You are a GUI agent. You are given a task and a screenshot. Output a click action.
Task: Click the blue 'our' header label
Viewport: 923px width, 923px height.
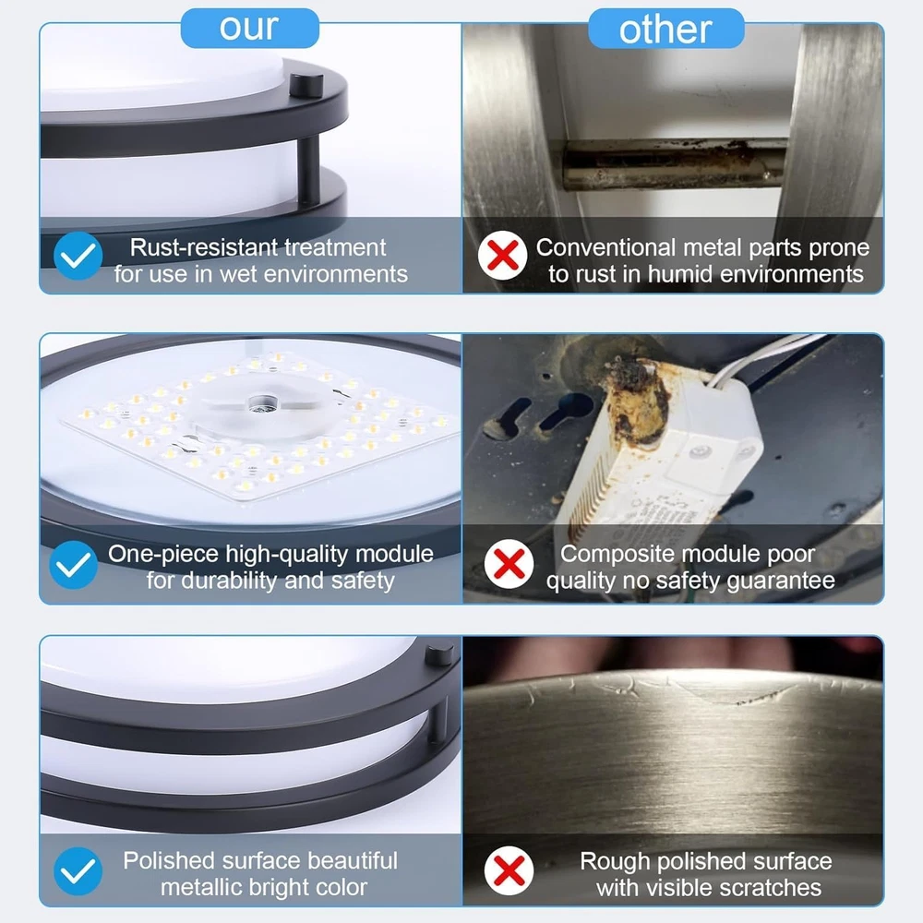coord(249,28)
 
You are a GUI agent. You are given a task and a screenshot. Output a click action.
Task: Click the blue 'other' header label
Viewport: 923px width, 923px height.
coord(665,29)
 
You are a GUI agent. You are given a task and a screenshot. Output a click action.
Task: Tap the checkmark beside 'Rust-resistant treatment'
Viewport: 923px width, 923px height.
coord(78,256)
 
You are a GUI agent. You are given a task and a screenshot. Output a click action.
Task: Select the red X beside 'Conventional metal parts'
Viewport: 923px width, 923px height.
coord(502,256)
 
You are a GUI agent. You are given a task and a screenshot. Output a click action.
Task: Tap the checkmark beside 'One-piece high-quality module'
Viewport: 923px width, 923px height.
coord(74,565)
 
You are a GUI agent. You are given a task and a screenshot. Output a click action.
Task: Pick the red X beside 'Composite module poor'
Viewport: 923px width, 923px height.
coord(509,564)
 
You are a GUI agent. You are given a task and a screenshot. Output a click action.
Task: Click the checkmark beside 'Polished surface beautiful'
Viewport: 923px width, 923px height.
coord(78,871)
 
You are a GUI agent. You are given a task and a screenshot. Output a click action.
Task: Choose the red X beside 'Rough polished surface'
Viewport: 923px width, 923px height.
coord(509,870)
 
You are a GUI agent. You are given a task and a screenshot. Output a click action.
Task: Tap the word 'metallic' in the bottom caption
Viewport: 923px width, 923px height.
coord(198,886)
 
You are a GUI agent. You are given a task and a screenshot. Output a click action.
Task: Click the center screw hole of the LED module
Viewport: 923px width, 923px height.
coord(262,404)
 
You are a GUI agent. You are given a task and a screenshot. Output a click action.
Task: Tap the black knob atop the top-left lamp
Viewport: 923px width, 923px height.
coord(306,85)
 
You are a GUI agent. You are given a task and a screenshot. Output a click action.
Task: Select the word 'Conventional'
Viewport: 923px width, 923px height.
coord(605,247)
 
